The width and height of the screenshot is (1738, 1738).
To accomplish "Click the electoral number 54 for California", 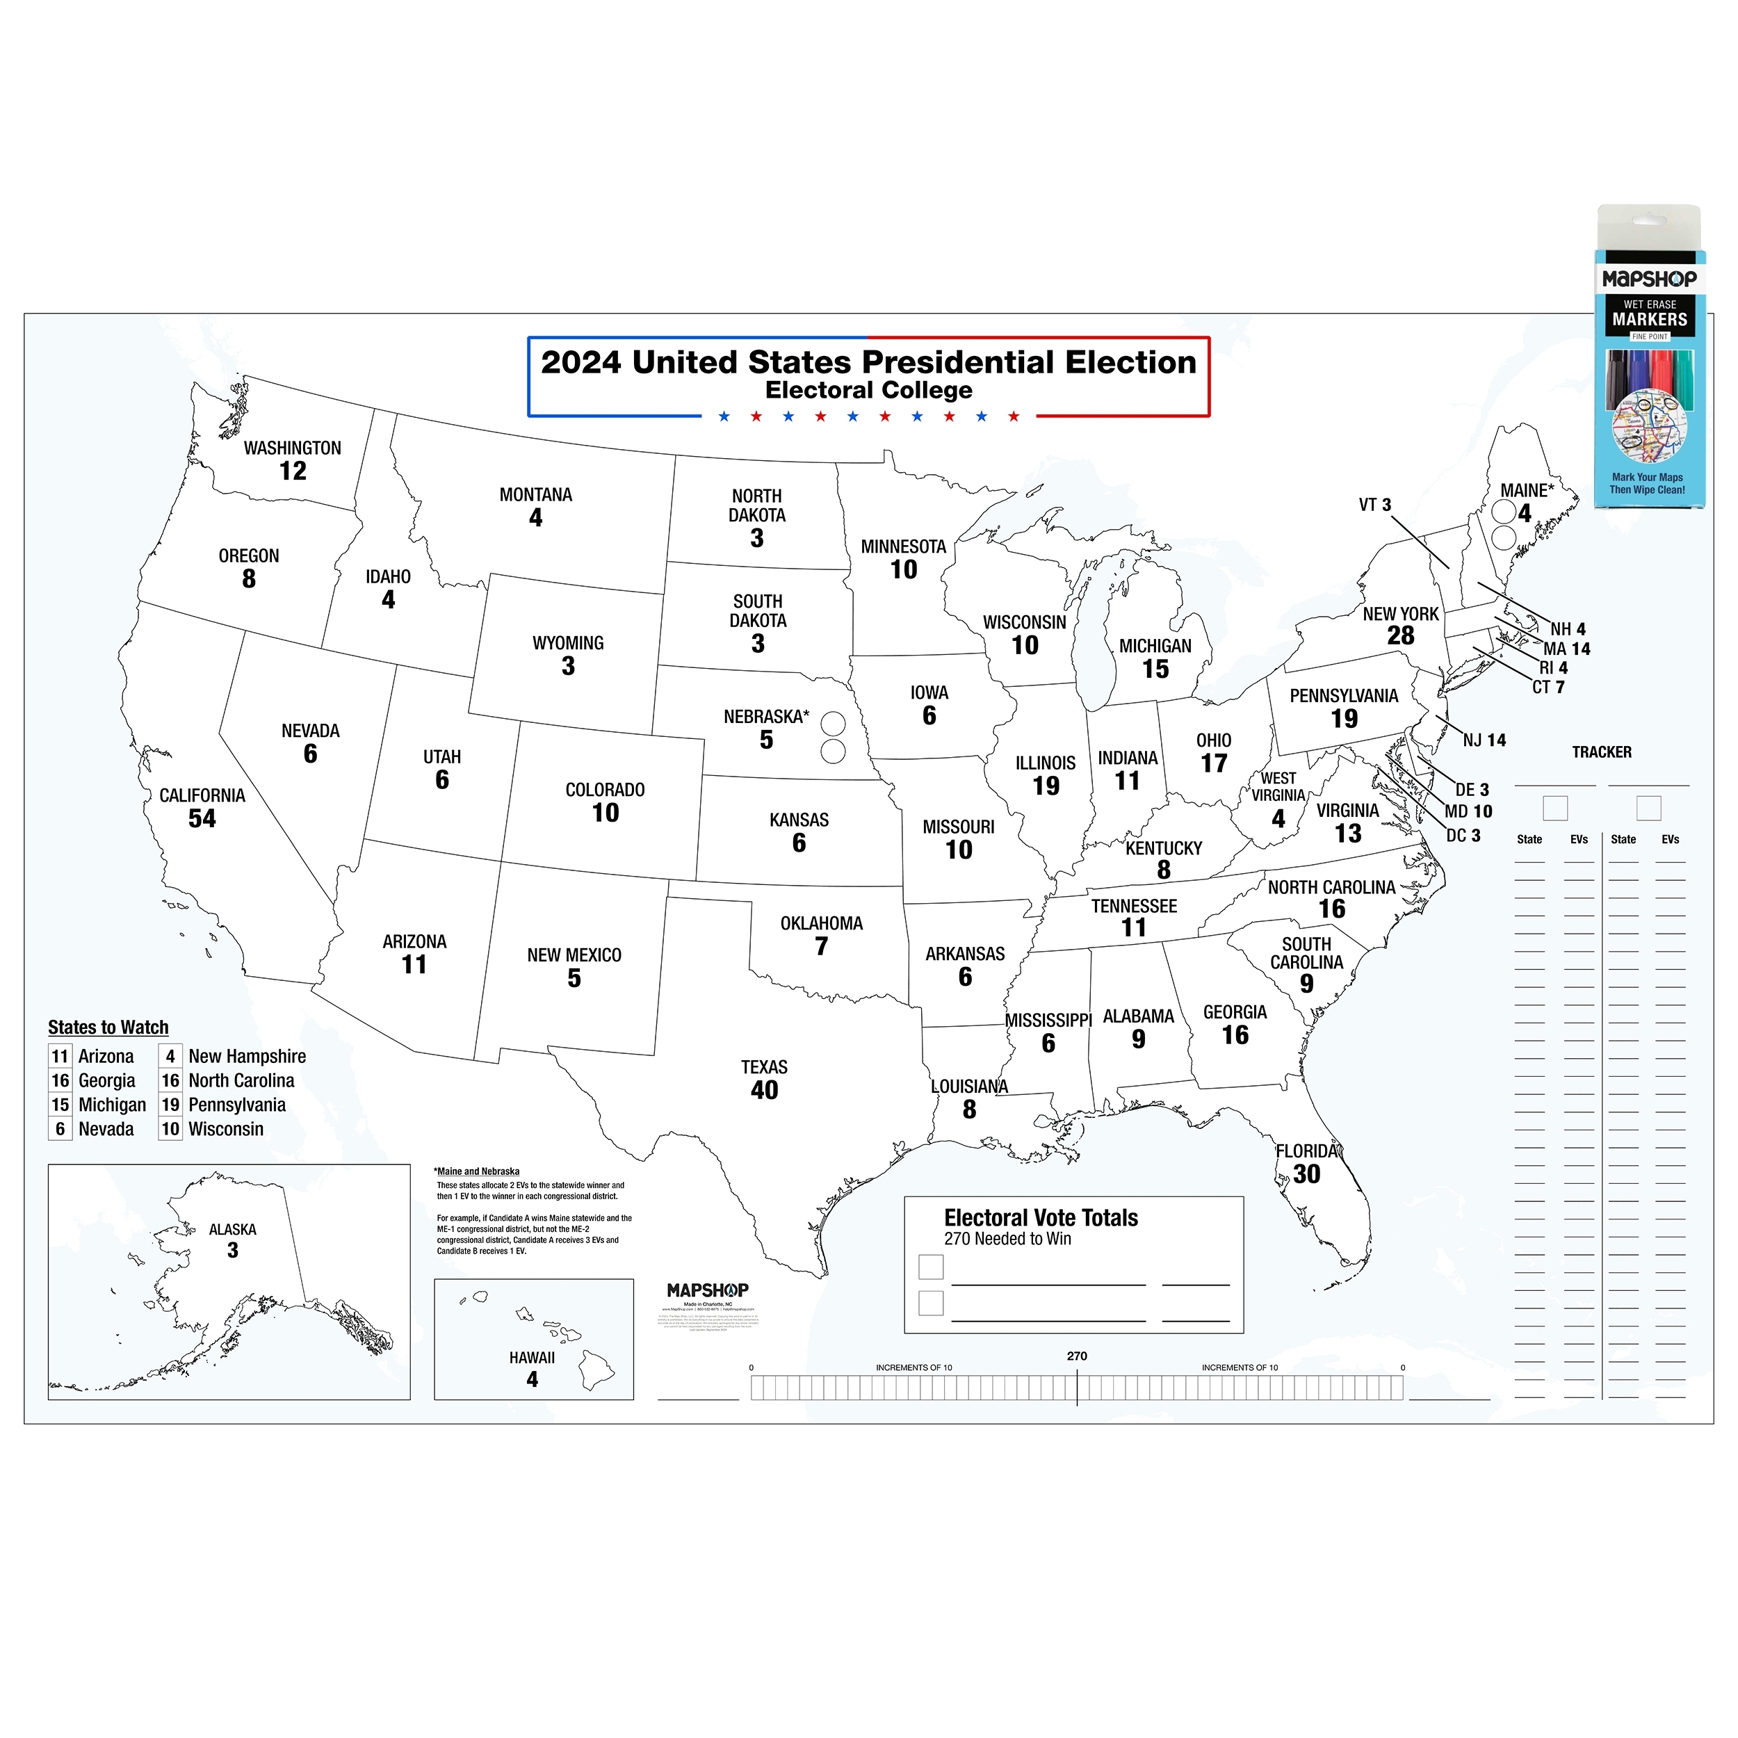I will tap(202, 819).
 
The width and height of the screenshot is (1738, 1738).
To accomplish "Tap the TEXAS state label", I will tap(764, 1067).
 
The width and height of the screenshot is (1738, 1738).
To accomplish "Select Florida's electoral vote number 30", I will tap(1306, 1174).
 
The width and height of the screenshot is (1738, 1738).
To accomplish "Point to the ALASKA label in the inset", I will tap(232, 1230).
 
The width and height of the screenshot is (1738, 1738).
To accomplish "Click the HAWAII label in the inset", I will tap(532, 1358).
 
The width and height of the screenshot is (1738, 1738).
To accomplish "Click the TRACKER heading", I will tap(1601, 752).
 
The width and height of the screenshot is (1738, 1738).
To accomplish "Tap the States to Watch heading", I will tap(108, 1028).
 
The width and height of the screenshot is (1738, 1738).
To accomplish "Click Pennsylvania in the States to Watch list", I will tap(236, 1105).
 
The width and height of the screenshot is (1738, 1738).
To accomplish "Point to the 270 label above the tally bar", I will tap(1077, 1356).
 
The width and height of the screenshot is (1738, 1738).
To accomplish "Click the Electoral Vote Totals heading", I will tap(1041, 1218).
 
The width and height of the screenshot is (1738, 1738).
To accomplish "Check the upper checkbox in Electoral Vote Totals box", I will tap(931, 1267).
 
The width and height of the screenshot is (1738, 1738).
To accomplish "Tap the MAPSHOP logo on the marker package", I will tap(1649, 279).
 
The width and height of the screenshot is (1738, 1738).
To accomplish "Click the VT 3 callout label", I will tap(1374, 505).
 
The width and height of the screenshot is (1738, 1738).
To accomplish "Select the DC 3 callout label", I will tap(1463, 836).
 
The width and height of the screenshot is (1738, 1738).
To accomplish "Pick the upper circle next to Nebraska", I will tap(833, 723).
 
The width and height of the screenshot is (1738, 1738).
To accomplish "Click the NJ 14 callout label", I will tap(1484, 740).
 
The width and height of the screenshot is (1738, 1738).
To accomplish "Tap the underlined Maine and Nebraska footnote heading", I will tap(478, 1171).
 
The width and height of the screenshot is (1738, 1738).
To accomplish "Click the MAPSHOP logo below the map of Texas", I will tap(707, 1290).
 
